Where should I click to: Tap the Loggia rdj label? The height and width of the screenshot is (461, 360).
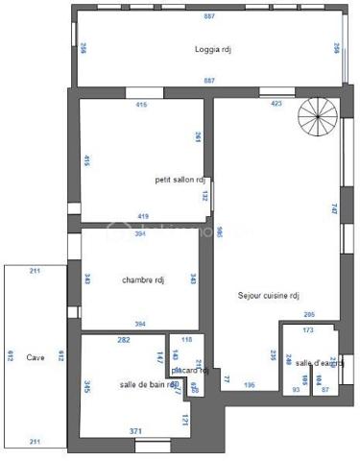coord(213,49)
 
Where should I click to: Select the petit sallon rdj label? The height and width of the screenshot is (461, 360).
coord(180,179)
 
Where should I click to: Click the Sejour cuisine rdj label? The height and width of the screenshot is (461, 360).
coord(270,296)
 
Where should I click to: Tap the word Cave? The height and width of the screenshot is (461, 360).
coord(36,355)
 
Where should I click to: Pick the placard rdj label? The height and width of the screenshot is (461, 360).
coord(191,370)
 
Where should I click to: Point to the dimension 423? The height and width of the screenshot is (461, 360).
coord(276,103)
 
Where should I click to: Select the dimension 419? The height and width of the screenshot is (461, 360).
coord(143,215)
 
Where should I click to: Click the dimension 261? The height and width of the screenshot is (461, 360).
coord(198,137)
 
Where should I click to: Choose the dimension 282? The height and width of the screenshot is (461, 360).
coord(124,340)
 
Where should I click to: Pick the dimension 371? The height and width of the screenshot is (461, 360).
coord(136,431)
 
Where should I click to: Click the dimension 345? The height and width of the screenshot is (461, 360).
coord(87,387)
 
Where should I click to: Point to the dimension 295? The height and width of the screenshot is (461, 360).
coord(309,314)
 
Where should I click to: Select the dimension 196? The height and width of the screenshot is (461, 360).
coord(250,385)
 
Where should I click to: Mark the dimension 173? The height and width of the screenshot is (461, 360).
coord(307,330)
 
